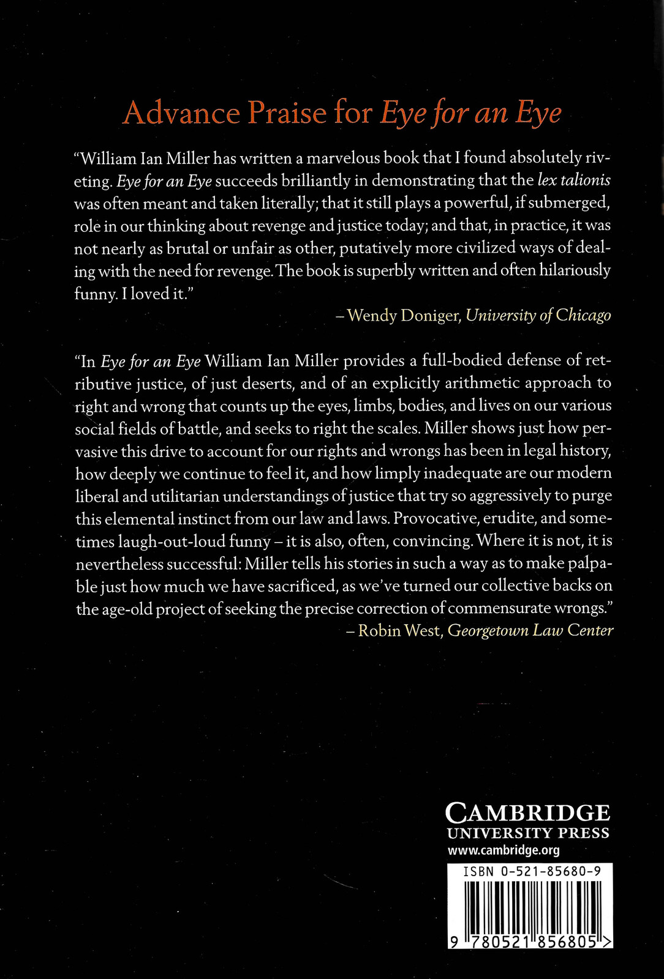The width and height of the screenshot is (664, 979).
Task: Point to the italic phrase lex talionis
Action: (x=573, y=181)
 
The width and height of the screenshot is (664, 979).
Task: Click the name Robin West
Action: (x=399, y=631)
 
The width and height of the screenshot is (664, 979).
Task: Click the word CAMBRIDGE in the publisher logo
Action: (x=527, y=813)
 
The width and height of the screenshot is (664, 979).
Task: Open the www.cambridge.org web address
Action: (x=504, y=851)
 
